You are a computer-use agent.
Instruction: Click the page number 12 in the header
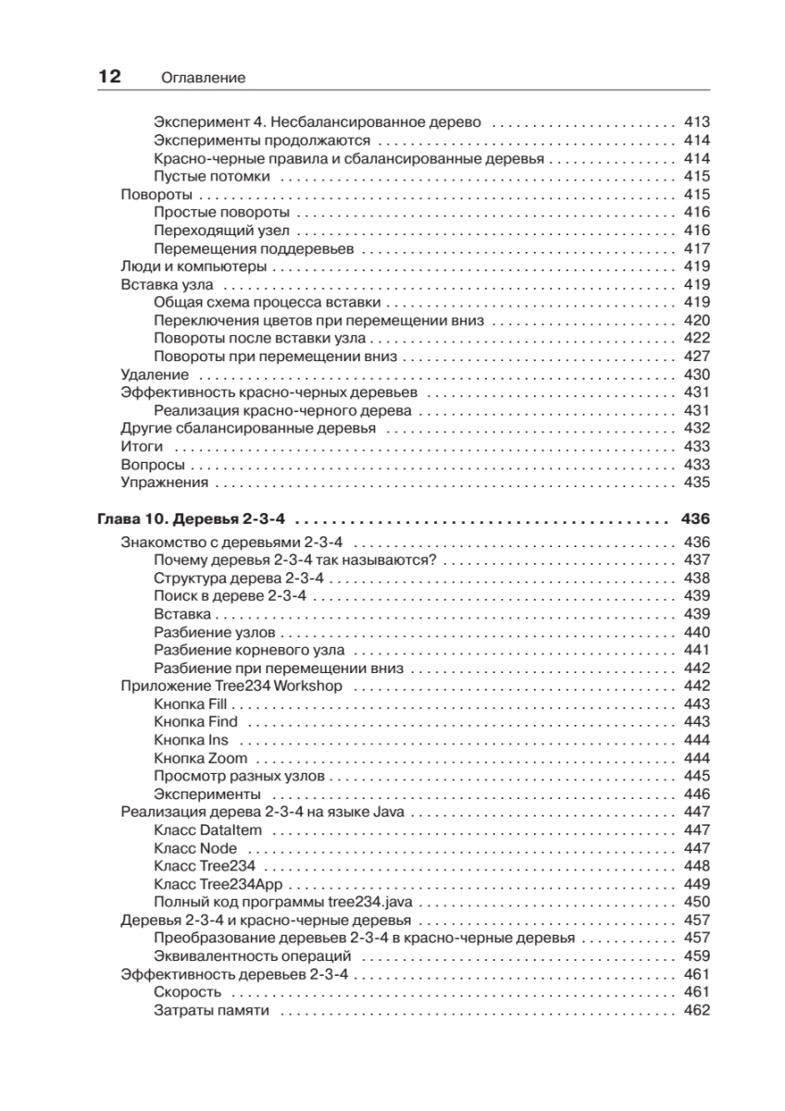[109, 77]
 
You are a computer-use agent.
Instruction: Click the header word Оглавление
[202, 79]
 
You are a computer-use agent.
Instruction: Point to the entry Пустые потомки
[212, 176]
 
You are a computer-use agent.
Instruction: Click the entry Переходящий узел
[222, 231]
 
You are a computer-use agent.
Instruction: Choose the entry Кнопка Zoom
[201, 758]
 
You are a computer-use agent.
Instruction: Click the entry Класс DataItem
[208, 830]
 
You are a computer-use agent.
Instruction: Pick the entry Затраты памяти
[211, 1010]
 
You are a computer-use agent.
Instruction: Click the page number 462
[696, 1010]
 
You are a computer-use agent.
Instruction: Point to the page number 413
[696, 122]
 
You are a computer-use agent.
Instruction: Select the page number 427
[696, 356]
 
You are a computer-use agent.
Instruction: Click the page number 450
[696, 903]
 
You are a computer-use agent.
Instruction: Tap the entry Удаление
[156, 375]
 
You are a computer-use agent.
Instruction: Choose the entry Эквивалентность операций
[252, 956]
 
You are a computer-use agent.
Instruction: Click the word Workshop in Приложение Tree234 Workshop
[310, 686]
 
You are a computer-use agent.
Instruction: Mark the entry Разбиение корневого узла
[249, 650]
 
